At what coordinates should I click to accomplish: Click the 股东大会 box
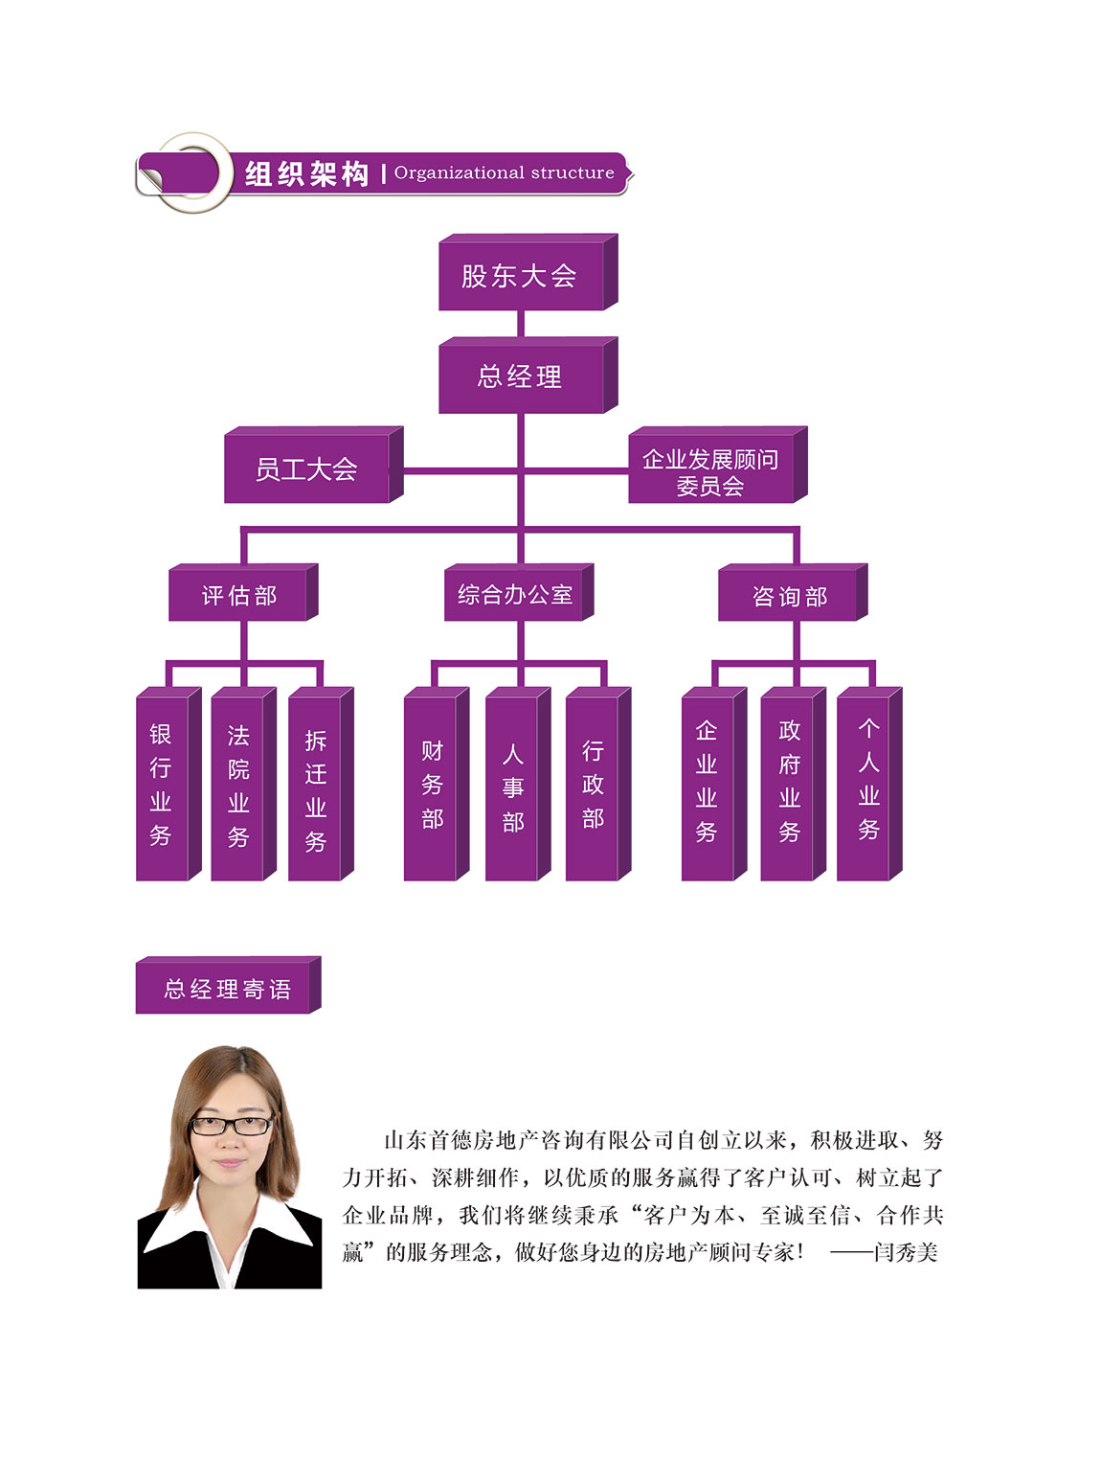[528, 272]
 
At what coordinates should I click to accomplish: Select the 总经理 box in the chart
[528, 376]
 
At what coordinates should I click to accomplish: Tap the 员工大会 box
[313, 465]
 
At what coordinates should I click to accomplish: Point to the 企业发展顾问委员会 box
[718, 465]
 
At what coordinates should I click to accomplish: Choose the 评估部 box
[243, 593]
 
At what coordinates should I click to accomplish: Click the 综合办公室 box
[519, 593]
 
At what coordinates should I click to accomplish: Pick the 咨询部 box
[793, 593]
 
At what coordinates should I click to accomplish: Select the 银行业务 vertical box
[169, 784]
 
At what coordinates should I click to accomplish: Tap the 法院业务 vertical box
[243, 784]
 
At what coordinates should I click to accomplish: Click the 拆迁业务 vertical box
[321, 784]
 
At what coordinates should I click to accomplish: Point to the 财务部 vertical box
[437, 784]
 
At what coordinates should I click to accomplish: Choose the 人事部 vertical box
[518, 784]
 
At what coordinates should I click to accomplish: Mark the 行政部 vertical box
[598, 784]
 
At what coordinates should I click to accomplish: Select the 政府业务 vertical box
[794, 784]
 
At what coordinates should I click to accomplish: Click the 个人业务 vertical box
[869, 784]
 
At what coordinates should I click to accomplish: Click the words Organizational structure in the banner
[504, 172]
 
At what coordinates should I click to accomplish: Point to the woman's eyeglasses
[232, 1126]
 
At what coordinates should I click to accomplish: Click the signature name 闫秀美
[906, 1252]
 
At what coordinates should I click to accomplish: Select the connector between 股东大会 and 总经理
[521, 324]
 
